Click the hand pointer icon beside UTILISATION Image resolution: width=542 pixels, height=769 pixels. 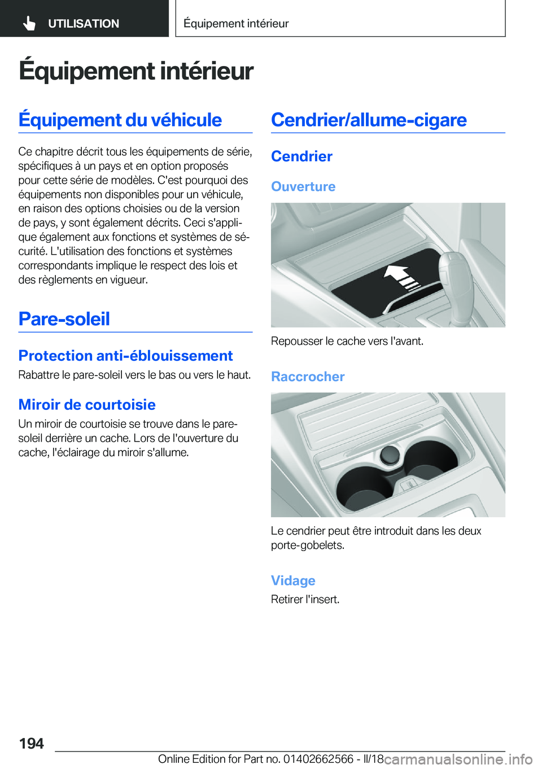click(29, 23)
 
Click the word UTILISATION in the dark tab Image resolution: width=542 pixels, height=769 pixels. click(84, 24)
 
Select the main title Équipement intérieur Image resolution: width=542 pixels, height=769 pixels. click(136, 71)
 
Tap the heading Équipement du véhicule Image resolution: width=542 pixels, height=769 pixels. click(120, 120)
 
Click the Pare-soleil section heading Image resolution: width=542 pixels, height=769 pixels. click(64, 319)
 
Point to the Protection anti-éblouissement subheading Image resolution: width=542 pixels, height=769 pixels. click(125, 356)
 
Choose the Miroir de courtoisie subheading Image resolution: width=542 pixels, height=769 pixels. click(87, 405)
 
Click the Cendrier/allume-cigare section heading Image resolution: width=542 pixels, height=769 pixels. click(369, 120)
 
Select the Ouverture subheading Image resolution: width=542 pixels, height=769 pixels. click(303, 186)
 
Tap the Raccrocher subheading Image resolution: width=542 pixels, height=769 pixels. click(308, 377)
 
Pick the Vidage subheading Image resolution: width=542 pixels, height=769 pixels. click(293, 580)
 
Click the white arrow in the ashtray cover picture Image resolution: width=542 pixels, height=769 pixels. click(401, 276)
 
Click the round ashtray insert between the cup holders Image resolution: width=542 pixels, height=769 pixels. click(390, 455)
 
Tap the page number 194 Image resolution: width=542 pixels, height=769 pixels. click(32, 743)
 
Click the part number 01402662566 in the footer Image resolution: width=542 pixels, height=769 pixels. click(318, 759)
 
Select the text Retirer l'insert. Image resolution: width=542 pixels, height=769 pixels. click(305, 599)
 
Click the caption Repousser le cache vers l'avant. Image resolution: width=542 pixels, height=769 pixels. click(347, 341)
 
